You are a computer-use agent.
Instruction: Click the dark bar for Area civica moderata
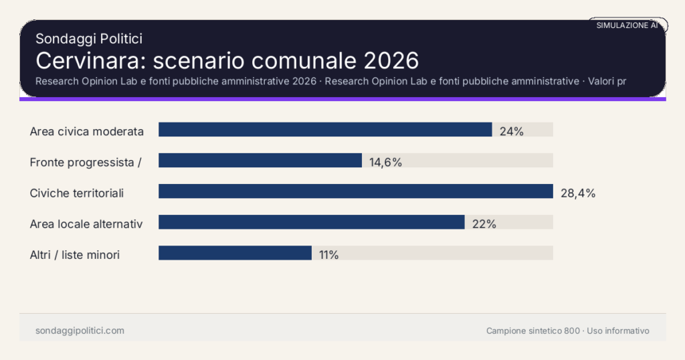click(325, 130)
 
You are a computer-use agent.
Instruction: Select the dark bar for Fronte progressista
click(260, 161)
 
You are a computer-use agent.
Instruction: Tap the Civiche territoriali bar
click(355, 191)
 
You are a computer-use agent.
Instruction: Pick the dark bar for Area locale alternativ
click(311, 222)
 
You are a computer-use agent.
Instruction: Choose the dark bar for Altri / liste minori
click(235, 253)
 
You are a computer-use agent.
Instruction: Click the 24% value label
click(511, 131)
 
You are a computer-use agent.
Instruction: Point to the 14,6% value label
click(385, 162)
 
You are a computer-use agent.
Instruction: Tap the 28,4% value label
click(577, 193)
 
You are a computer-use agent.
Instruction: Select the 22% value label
click(484, 224)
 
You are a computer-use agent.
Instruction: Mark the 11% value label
click(328, 255)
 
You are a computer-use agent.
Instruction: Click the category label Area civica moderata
click(87, 131)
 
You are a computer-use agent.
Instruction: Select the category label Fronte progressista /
click(86, 162)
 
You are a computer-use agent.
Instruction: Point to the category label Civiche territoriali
click(77, 193)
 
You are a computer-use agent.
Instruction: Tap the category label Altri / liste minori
click(75, 255)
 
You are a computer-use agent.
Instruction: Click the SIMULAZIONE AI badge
click(627, 25)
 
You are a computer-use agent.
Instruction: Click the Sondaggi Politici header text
click(88, 39)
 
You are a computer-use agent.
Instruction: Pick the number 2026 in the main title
click(391, 60)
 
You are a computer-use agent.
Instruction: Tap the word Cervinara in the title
click(90, 60)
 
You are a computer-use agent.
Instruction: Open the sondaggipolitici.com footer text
click(80, 331)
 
